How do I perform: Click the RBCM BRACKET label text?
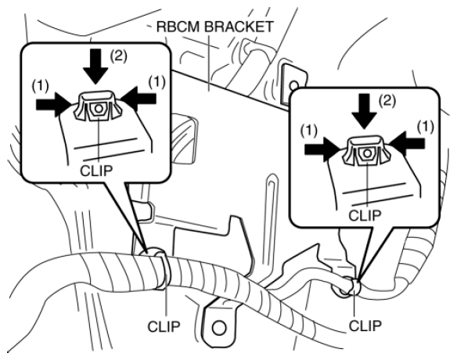[x=214, y=27]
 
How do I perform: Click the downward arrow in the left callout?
[x=95, y=66]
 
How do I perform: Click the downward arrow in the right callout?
[x=364, y=111]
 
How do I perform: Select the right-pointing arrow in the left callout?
[x=54, y=104]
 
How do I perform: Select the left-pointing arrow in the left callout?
[x=139, y=99]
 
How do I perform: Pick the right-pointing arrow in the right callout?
[x=322, y=149]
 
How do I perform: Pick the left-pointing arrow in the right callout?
[x=407, y=143]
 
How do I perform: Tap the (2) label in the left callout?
[x=118, y=56]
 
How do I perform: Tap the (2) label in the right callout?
[x=387, y=101]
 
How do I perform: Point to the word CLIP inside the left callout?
[x=96, y=171]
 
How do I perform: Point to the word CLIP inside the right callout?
[x=365, y=216]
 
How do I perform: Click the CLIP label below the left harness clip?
[x=164, y=326]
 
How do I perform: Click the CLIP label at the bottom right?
[x=365, y=326]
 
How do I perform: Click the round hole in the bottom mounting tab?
[x=219, y=328]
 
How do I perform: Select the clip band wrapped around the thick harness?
[x=160, y=268]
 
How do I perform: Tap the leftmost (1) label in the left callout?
[x=41, y=85]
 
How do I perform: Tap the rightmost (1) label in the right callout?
[x=426, y=126]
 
